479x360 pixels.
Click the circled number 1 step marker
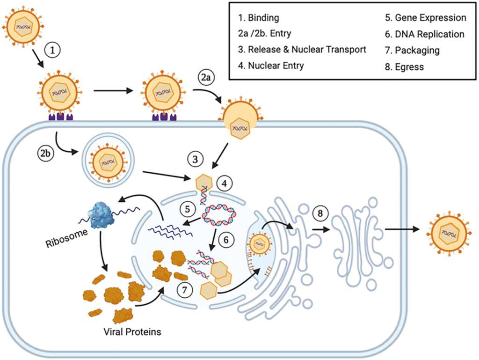click(x=52, y=50)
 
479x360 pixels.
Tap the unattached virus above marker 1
click(x=22, y=26)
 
